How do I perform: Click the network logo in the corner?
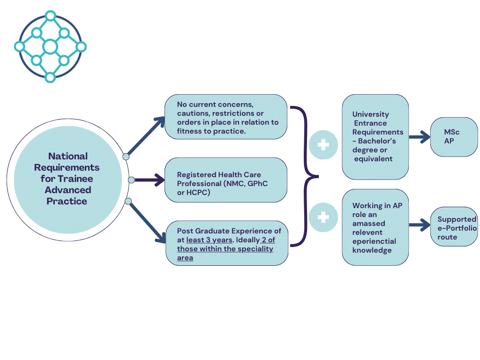click(x=50, y=46)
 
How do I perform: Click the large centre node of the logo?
click(x=50, y=46)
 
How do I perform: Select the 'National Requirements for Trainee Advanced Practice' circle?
click(x=67, y=179)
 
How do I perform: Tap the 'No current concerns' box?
click(x=225, y=117)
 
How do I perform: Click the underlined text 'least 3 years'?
click(x=209, y=240)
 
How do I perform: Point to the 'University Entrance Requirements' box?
click(x=375, y=136)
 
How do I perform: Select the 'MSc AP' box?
click(x=454, y=137)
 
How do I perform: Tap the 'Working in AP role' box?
click(x=375, y=227)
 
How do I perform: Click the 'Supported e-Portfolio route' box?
click(x=454, y=227)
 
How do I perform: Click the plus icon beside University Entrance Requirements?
click(x=323, y=145)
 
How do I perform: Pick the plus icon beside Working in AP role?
click(x=323, y=217)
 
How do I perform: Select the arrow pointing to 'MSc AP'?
click(x=420, y=137)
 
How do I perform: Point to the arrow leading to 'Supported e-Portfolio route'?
click(x=420, y=225)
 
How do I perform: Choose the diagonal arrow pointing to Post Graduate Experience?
click(x=146, y=223)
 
